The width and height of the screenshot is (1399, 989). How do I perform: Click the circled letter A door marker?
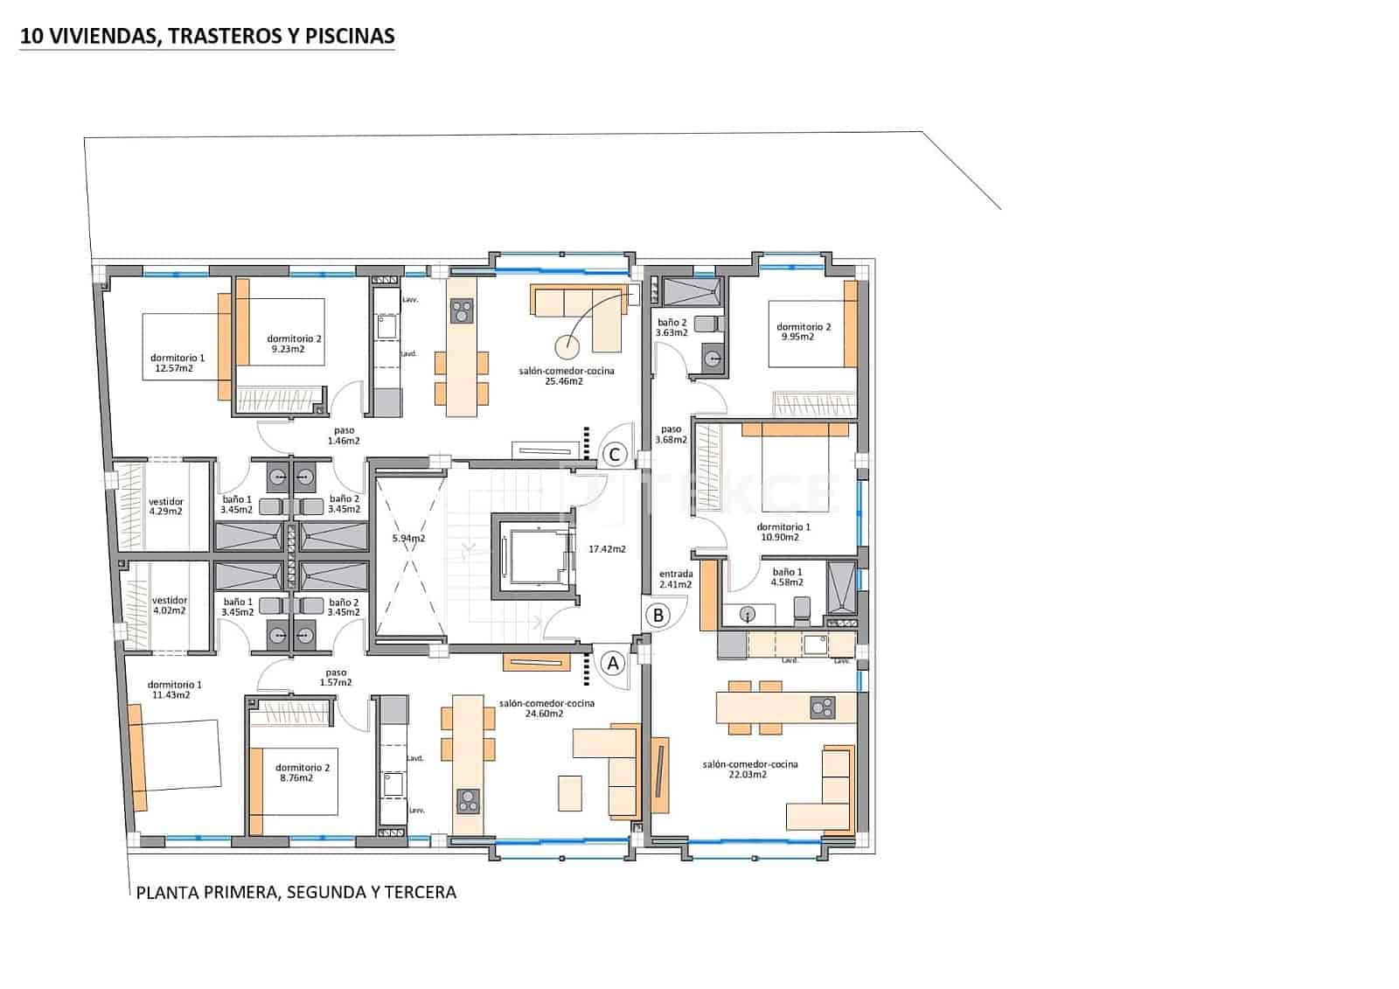(x=613, y=664)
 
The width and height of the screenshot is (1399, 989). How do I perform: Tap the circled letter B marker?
(x=658, y=615)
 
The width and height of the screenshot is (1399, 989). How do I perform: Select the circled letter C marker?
(x=615, y=454)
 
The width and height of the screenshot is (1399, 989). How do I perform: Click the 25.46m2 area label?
(x=564, y=381)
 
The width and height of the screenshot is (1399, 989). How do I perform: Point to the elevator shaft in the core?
(x=532, y=555)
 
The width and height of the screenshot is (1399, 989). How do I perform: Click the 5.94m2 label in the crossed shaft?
(x=407, y=538)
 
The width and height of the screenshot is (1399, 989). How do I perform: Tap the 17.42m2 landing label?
(x=607, y=549)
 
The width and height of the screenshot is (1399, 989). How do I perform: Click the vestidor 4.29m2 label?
(x=166, y=506)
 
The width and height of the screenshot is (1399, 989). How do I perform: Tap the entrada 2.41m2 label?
(x=675, y=579)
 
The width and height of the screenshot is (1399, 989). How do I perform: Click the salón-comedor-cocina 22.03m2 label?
(x=749, y=769)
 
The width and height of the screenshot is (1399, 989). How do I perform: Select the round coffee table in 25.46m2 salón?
(x=567, y=347)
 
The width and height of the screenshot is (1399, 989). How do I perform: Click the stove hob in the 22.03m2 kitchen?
(x=822, y=707)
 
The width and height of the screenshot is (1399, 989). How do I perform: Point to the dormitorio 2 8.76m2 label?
(x=302, y=772)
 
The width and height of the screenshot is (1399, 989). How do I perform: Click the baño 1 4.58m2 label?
(x=787, y=577)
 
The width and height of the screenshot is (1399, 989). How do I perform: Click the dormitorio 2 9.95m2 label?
(x=804, y=331)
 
